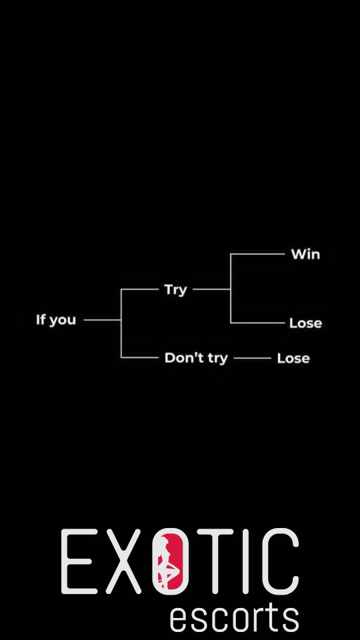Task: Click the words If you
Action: coord(56,320)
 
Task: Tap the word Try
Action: coord(175,290)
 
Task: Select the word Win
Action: coord(306,254)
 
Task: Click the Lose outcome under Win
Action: coord(306,323)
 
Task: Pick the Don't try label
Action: coord(196,359)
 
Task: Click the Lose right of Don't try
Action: coord(293,359)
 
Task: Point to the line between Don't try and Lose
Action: coord(252,359)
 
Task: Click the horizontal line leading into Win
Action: coord(257,254)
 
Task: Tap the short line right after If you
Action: coord(102,320)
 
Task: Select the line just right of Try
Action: coord(211,289)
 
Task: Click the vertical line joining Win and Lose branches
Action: coord(231,289)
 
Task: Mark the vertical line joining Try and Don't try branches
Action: coord(121,323)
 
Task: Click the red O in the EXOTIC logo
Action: coord(170,561)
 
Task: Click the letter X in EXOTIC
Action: coord(123,561)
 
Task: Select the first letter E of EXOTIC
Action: coord(79,561)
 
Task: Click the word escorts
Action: coord(234,618)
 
